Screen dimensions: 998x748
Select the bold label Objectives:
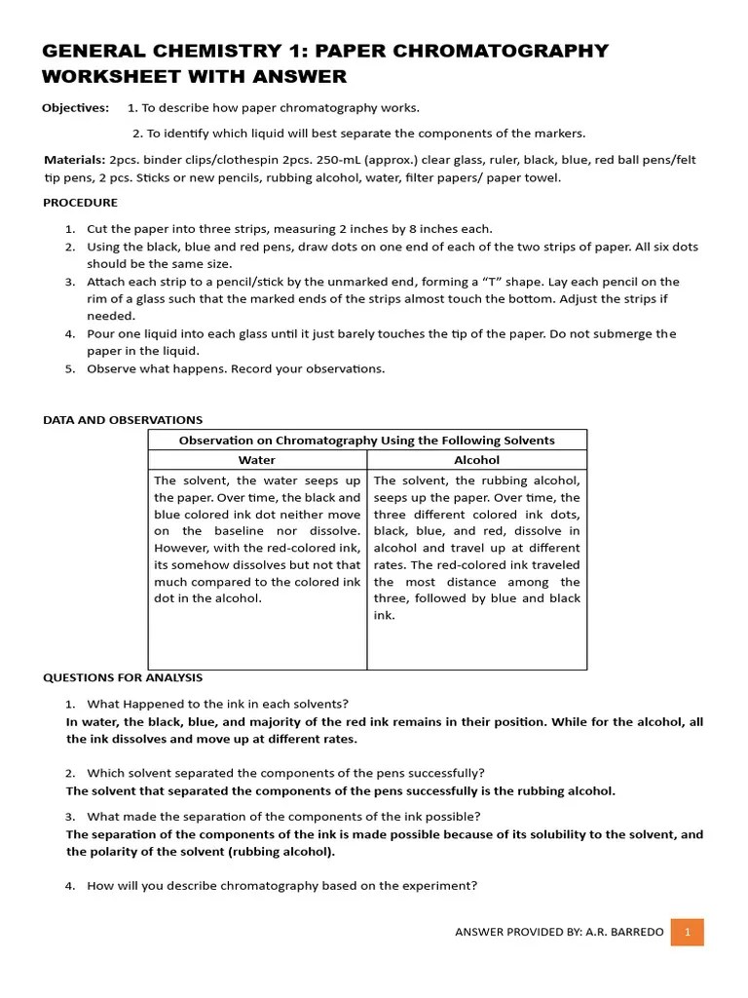click(x=75, y=107)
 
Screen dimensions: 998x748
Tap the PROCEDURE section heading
click(x=80, y=203)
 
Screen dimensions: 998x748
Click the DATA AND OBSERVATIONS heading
click(x=123, y=420)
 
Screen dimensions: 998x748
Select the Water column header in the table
click(x=257, y=460)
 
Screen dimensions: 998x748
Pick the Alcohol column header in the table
click(x=476, y=460)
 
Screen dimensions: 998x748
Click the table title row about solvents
click(x=366, y=441)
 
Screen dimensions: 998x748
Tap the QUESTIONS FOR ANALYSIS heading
click(x=123, y=677)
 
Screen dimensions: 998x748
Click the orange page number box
click(x=688, y=932)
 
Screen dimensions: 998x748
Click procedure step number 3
click(x=70, y=282)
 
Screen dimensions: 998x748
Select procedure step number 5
click(x=70, y=368)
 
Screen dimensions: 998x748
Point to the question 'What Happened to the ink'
click(x=217, y=704)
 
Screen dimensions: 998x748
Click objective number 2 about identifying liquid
click(x=358, y=134)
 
